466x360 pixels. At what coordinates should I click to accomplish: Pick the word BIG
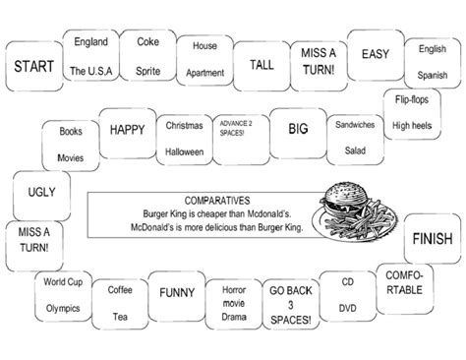click(297, 127)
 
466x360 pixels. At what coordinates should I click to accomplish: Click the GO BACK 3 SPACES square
click(291, 305)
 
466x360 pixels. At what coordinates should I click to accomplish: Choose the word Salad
click(355, 150)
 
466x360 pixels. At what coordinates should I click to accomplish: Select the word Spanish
click(433, 75)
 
